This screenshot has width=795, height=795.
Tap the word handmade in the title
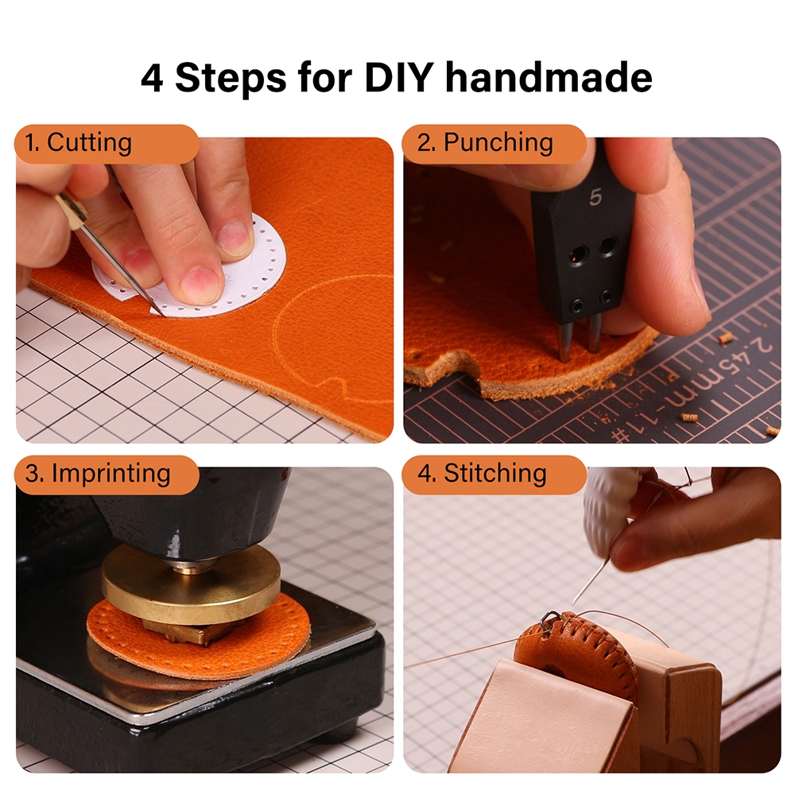549,78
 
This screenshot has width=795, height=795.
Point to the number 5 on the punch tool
595,196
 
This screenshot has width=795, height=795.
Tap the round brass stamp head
191,583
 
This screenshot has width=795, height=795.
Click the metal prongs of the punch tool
579,335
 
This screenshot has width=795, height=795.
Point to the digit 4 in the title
152,79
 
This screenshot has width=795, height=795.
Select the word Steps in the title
231,79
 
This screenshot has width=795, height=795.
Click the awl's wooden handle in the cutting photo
71,207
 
